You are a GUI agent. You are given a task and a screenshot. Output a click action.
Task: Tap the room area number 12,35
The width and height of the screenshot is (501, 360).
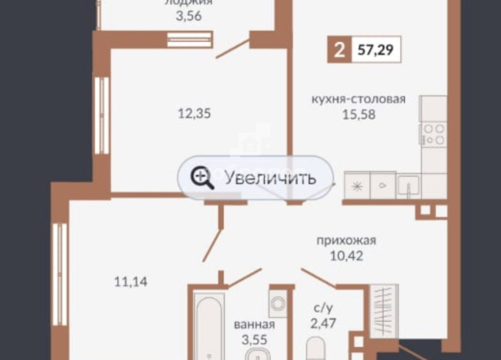193,113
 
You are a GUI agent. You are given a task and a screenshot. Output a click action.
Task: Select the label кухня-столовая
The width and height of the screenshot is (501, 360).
358,99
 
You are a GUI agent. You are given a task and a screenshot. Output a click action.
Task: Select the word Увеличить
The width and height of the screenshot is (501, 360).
270,178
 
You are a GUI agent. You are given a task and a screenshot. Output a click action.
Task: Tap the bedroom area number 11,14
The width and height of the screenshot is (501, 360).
130,282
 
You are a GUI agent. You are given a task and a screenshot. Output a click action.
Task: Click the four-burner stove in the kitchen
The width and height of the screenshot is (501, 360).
434,134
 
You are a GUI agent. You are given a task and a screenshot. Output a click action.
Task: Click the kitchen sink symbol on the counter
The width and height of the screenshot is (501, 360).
408,184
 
